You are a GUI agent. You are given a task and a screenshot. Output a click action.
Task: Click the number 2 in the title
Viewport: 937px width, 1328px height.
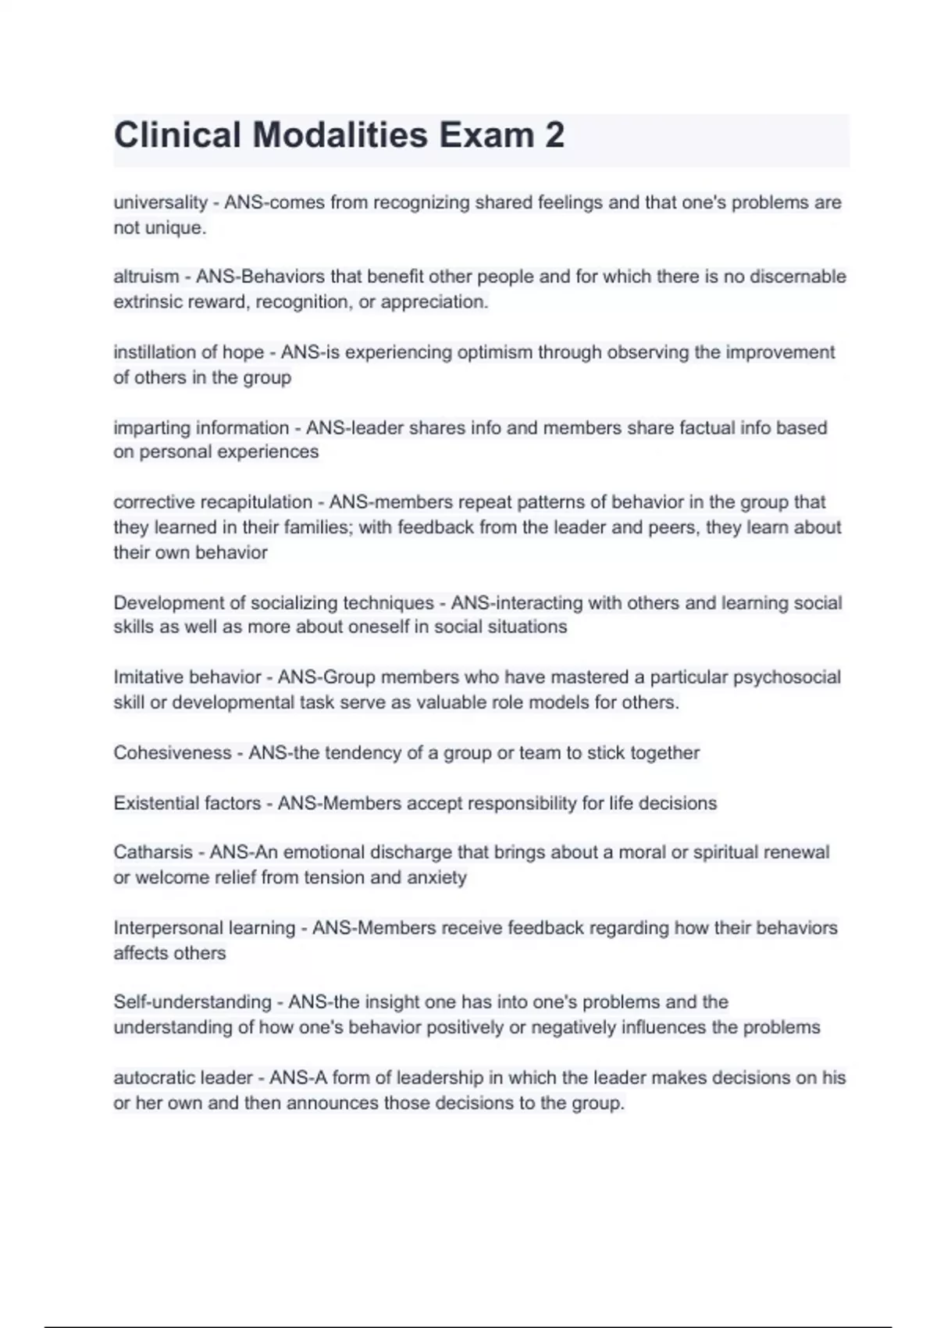(554, 135)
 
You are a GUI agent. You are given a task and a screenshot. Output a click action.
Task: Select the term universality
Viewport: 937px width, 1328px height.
(160, 203)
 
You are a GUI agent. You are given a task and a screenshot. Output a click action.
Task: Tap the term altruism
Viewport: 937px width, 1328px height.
(146, 277)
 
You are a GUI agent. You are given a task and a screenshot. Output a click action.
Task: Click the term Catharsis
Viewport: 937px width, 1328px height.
(152, 852)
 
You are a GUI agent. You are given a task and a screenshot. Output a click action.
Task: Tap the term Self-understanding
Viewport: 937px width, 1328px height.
(192, 1002)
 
